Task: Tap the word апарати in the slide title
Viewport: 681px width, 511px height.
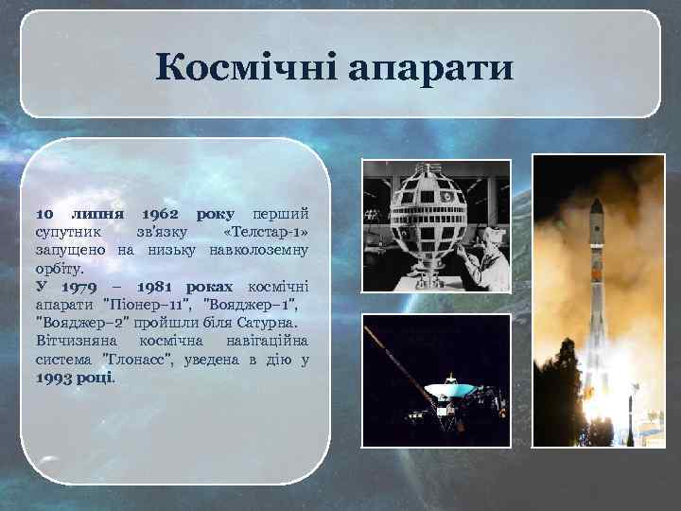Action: (431, 68)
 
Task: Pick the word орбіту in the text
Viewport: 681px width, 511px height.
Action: (59, 269)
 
